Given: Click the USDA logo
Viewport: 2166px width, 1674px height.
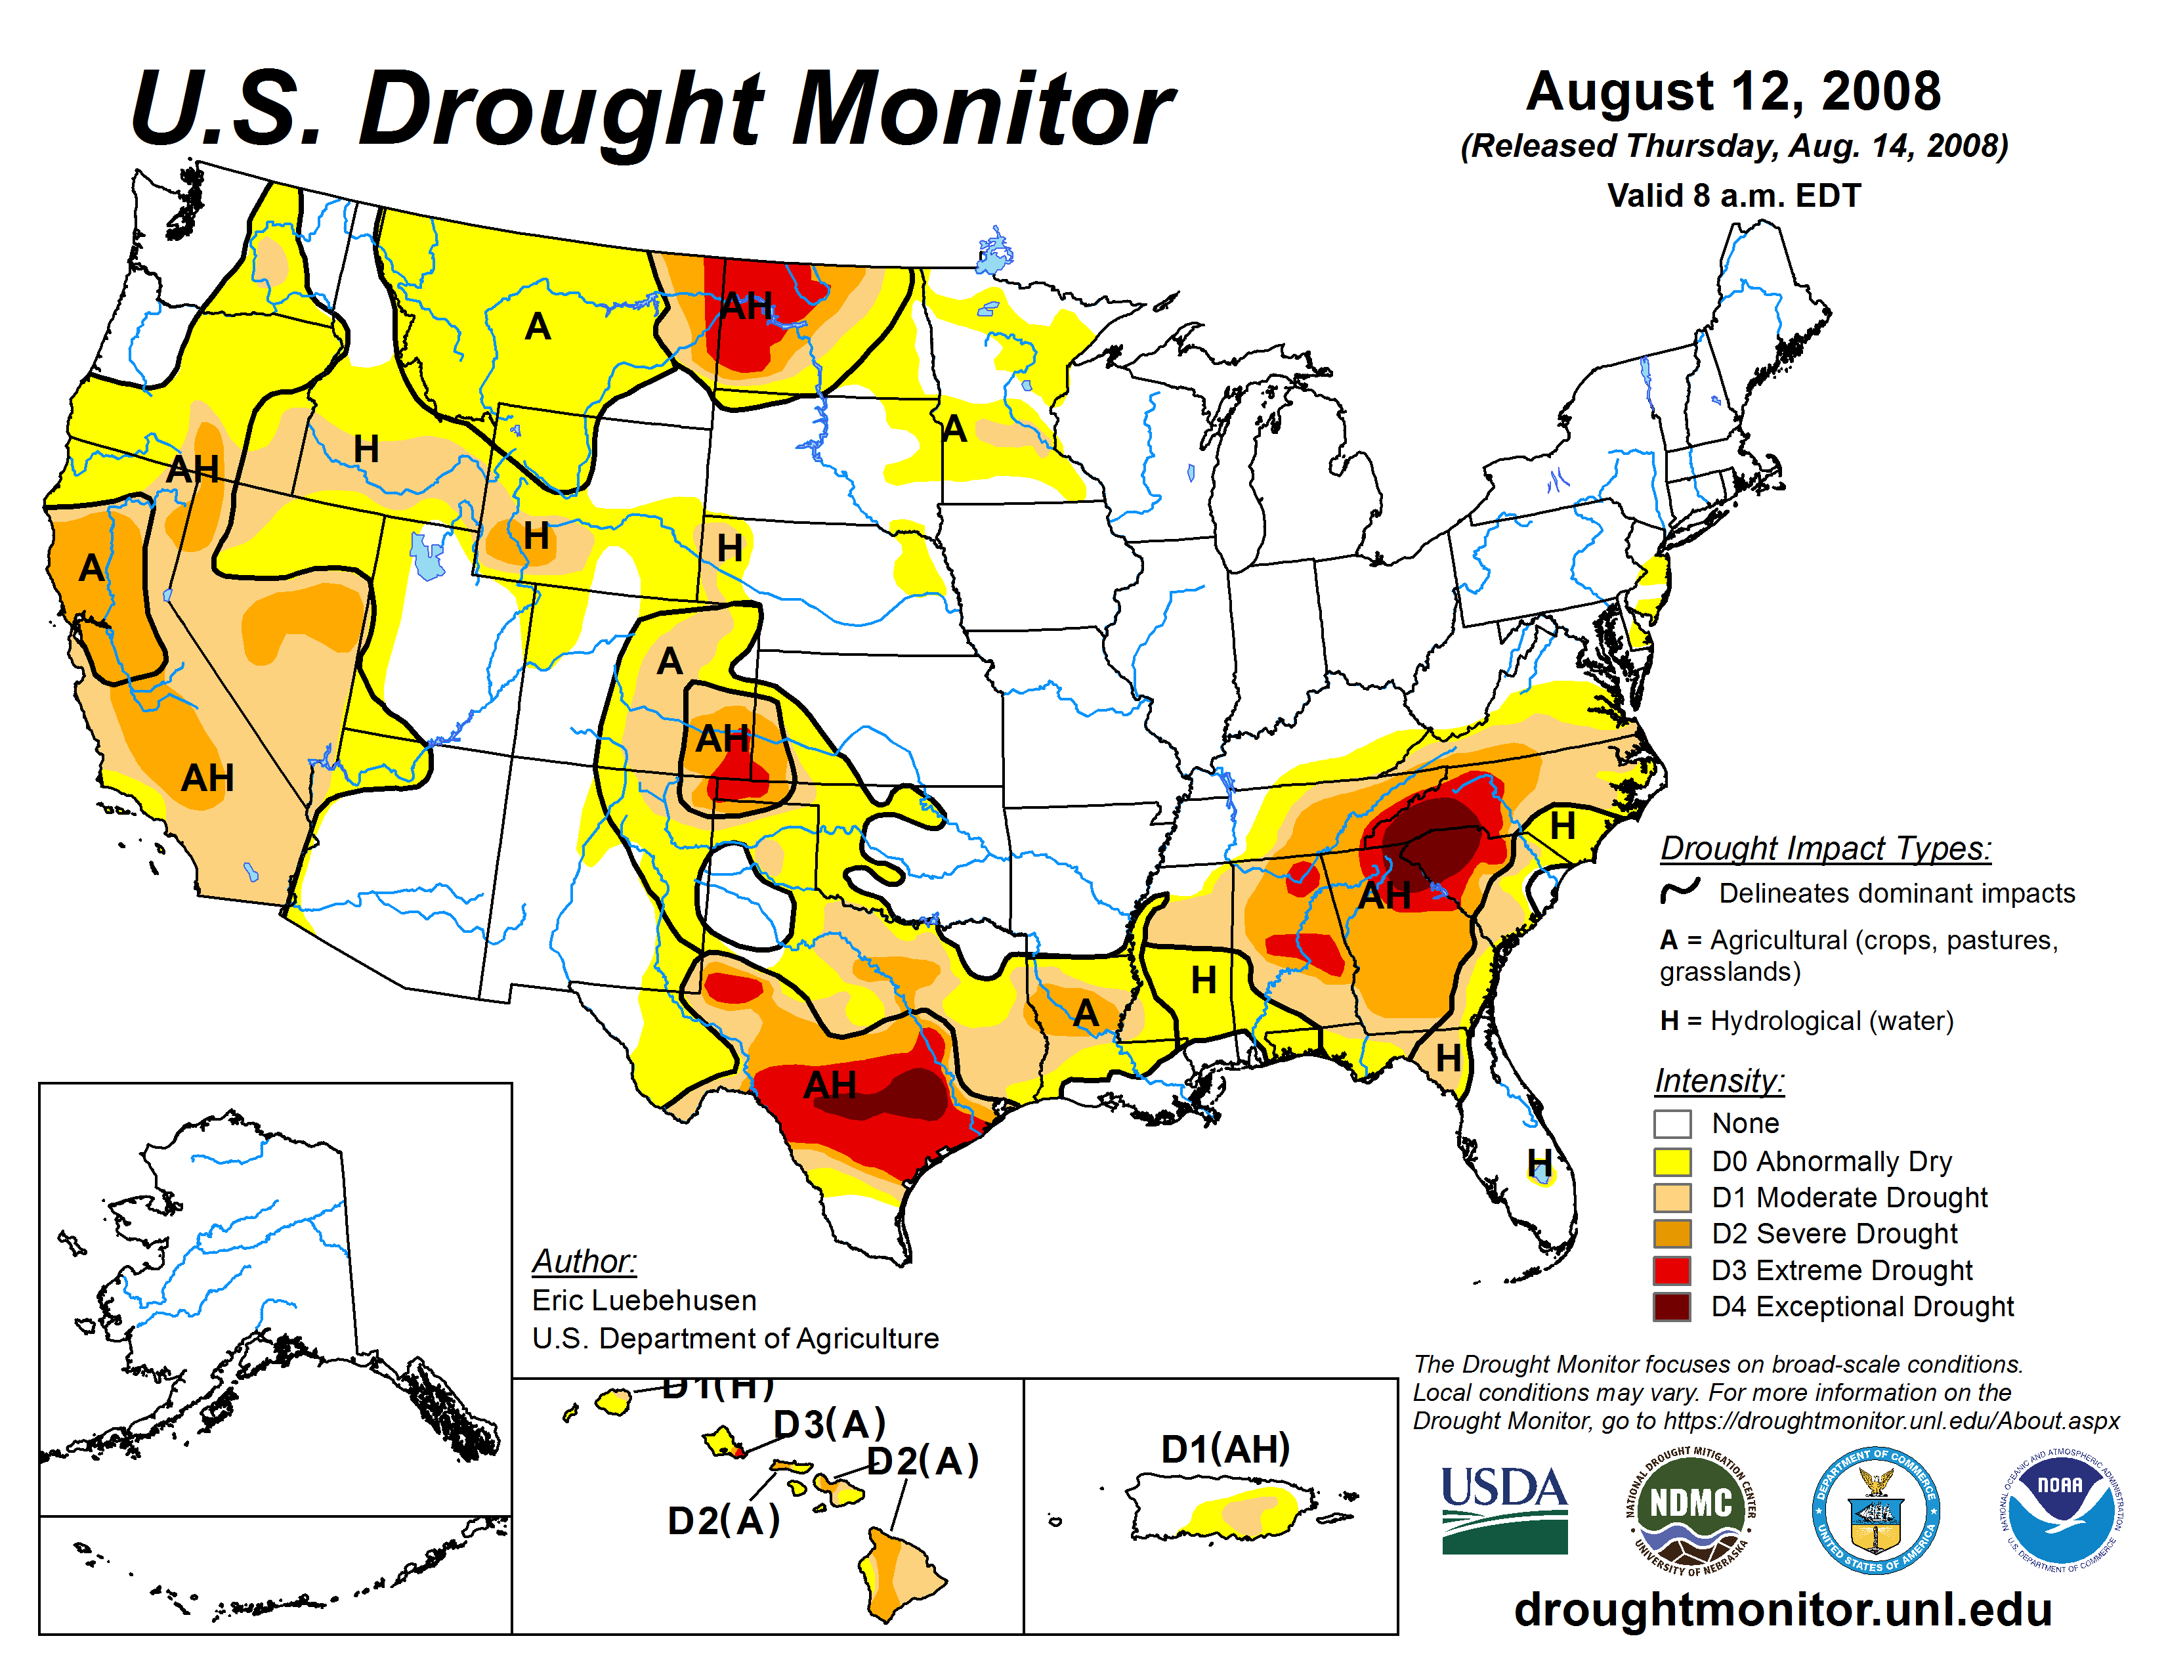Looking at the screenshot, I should pyautogui.click(x=1504, y=1509).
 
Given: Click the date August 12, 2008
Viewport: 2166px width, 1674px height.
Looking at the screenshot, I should pyautogui.click(x=1733, y=92).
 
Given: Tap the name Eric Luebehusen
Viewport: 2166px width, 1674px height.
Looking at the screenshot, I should pyautogui.click(x=644, y=1300).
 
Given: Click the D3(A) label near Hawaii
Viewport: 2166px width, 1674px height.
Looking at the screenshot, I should pyautogui.click(x=829, y=1424).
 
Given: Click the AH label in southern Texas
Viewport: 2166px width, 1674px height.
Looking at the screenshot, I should pyautogui.click(x=829, y=1085).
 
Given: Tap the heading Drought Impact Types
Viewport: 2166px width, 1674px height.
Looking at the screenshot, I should pyautogui.click(x=1825, y=849).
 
